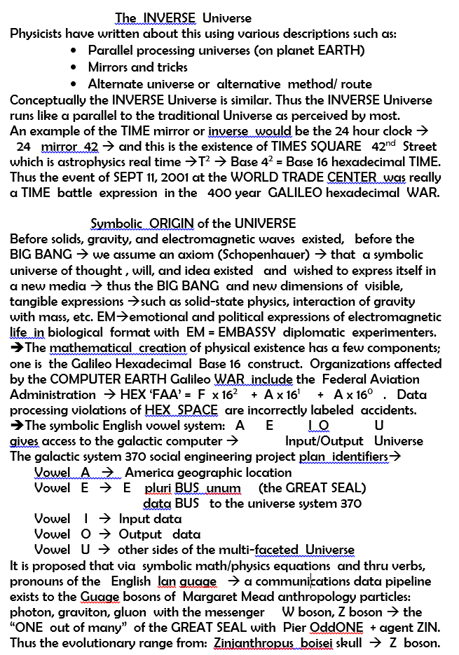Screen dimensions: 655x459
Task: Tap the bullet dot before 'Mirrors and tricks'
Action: tap(75, 67)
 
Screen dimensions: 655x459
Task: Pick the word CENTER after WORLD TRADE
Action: tap(352, 178)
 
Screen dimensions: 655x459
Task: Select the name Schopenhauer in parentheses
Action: tap(267, 255)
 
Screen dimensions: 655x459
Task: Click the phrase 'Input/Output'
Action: tap(324, 441)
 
